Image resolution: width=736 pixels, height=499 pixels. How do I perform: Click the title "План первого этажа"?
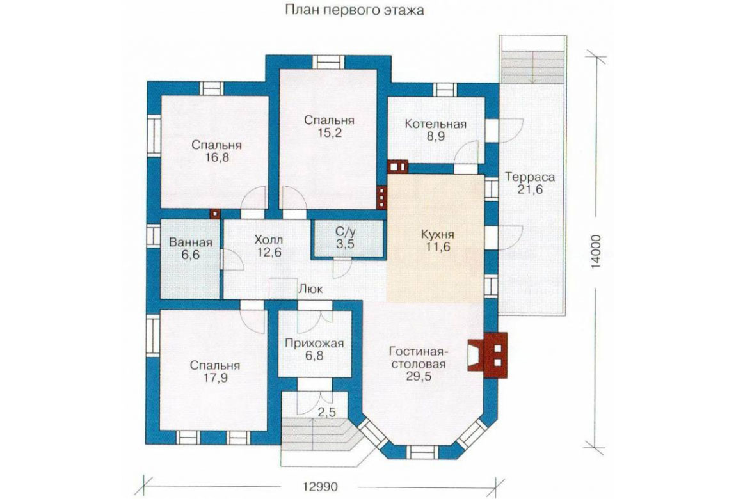[x=355, y=10]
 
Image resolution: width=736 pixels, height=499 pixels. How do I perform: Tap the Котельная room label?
[x=436, y=124]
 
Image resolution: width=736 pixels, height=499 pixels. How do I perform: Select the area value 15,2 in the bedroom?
[x=329, y=132]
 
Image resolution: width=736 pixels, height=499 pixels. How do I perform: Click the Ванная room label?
[x=191, y=242]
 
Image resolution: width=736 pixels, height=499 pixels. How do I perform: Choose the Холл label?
[x=269, y=240]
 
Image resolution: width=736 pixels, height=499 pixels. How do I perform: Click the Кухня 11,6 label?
[x=437, y=240]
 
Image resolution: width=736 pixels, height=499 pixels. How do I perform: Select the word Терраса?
[x=530, y=177]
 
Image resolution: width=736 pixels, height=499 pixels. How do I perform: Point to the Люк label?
[x=311, y=289]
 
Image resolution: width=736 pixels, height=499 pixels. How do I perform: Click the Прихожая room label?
[x=314, y=344]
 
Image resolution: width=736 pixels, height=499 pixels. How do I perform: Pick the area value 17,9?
[x=216, y=378]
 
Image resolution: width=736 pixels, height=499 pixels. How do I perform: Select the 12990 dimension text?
[x=319, y=487]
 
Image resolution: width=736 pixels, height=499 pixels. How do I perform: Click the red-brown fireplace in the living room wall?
[x=488, y=355]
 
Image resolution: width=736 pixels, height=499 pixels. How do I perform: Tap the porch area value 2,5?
[x=327, y=413]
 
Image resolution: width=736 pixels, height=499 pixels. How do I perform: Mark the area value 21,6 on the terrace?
[x=530, y=189]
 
